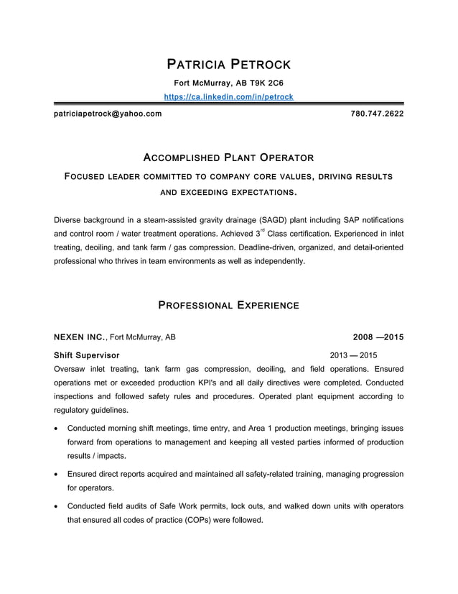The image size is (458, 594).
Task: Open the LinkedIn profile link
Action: (228, 96)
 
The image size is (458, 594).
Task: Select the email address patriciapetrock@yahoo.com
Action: (108, 114)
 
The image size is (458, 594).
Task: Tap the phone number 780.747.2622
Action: (376, 114)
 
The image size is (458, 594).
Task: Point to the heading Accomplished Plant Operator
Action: (228, 157)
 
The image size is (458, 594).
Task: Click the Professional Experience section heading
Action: (228, 305)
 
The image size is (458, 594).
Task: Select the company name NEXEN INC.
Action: (80, 337)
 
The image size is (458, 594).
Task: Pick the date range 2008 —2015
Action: (378, 337)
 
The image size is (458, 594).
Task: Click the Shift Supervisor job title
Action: (87, 355)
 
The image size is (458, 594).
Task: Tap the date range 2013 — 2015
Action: (353, 355)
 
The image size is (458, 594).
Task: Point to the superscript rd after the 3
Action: (263, 230)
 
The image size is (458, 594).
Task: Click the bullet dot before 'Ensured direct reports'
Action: (57, 475)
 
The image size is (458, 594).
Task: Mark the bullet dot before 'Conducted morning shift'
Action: (57, 429)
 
